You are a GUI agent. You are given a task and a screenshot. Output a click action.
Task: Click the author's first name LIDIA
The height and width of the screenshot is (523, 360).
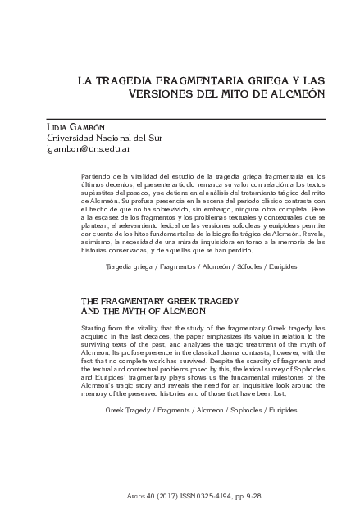click(59, 128)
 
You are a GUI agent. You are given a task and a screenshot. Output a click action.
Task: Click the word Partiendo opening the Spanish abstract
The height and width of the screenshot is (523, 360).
click(100, 176)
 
